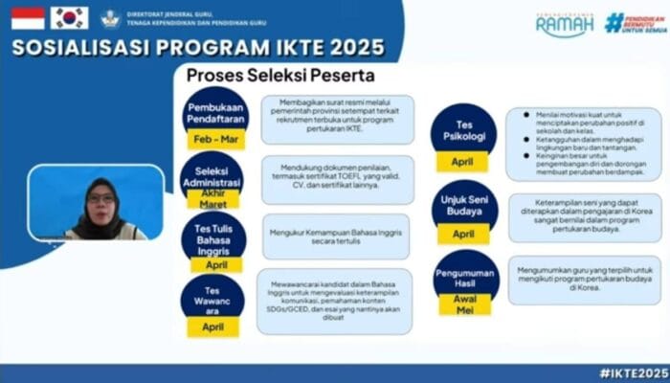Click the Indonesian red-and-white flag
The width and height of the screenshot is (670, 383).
coord(28,18)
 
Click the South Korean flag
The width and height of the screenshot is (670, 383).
coord(69,18)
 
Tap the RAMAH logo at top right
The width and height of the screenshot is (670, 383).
coord(564,23)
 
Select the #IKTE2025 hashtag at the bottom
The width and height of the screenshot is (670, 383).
coord(632,372)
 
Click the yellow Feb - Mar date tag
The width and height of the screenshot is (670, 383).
coord(214,140)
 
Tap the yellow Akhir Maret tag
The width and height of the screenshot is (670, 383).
coord(213,199)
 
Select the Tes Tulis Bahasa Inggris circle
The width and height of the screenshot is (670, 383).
coord(213,235)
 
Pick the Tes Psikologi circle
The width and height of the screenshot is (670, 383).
coord(463,127)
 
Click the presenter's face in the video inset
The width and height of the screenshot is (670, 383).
coord(101,198)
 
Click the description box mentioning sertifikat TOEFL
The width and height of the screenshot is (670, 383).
coord(337,179)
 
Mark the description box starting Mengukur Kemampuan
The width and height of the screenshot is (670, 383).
coord(336,237)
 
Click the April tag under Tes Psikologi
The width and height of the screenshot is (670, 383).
coord(462,162)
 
